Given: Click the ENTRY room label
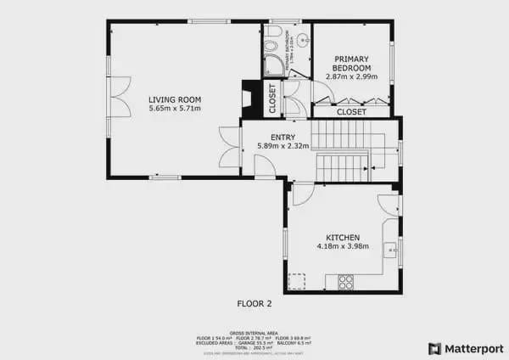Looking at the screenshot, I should [x=282, y=138].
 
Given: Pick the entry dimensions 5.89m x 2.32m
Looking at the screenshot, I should [x=282, y=147].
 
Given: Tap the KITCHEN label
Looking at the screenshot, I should [x=343, y=238].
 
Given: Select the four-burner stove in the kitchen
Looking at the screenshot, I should [x=345, y=282].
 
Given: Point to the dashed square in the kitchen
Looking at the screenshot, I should [x=296, y=281].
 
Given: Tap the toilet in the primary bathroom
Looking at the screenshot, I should [x=273, y=33].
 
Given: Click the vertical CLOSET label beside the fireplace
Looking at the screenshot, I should [x=272, y=98].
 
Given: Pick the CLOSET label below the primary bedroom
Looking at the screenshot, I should [x=351, y=112].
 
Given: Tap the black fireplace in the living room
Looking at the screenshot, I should [x=248, y=98].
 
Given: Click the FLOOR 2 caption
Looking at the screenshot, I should [x=254, y=303].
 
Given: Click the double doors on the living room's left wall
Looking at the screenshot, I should [x=119, y=98].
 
